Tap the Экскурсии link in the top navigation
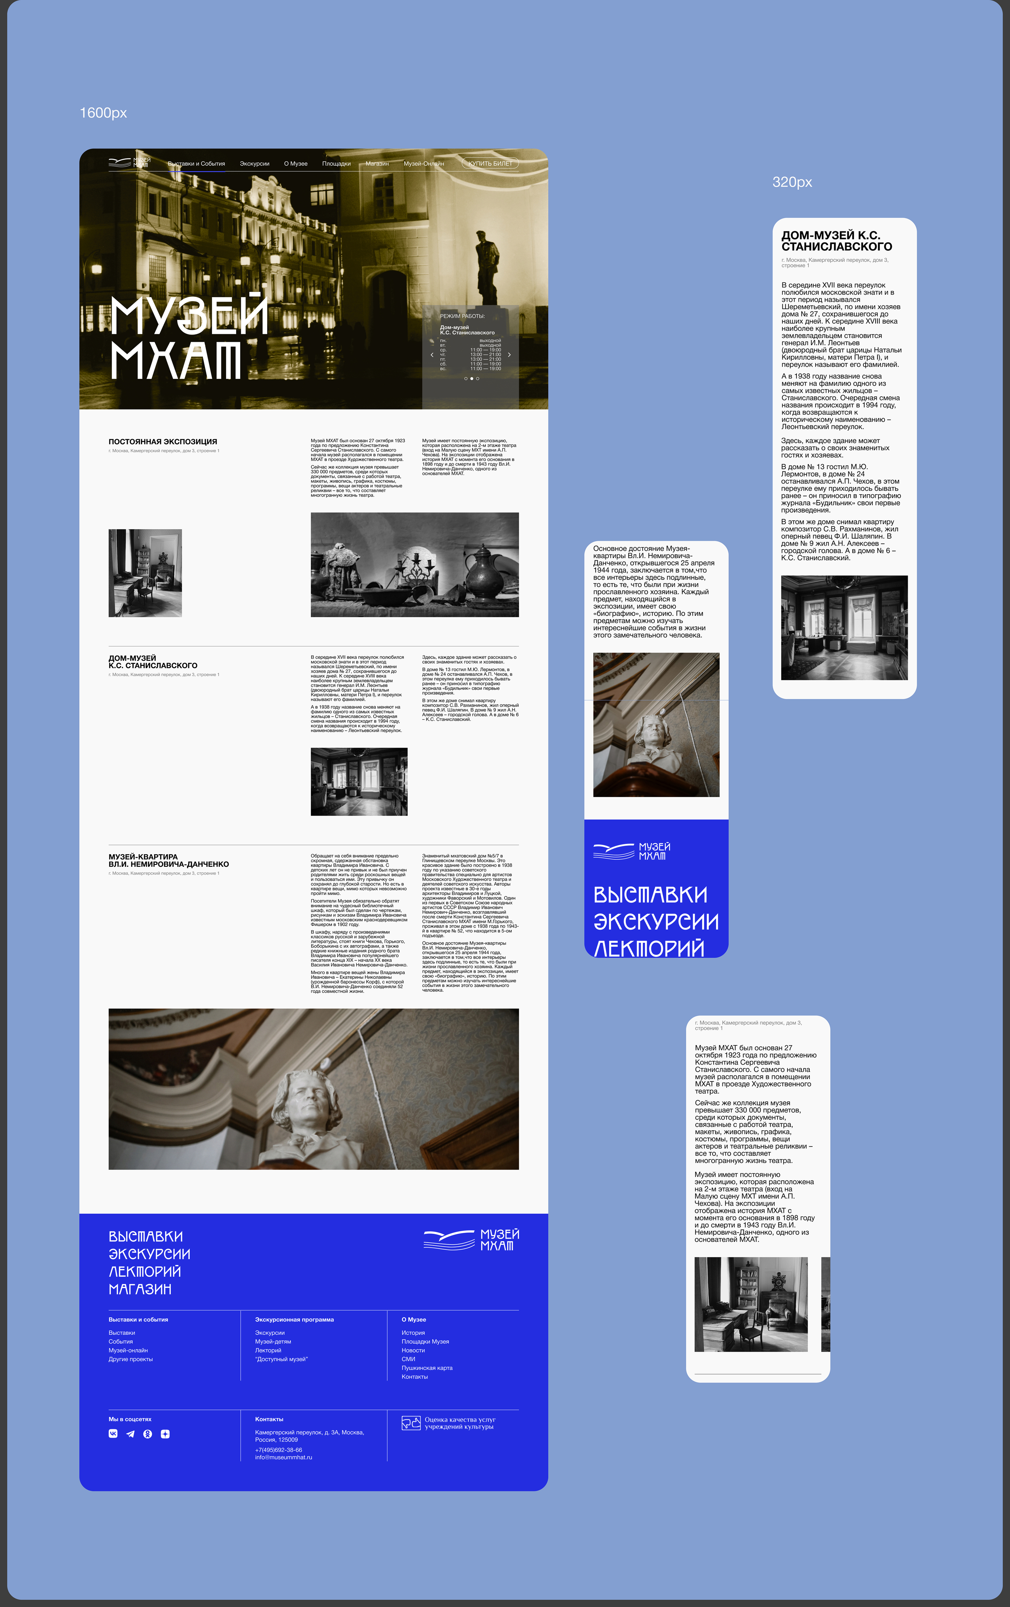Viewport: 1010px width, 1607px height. coord(254,163)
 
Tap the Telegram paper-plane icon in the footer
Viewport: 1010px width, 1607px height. coord(130,1433)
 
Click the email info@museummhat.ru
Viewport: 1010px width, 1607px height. coord(283,1457)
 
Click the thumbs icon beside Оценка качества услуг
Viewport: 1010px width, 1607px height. coord(411,1423)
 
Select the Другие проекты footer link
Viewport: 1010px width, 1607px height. coord(131,1359)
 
